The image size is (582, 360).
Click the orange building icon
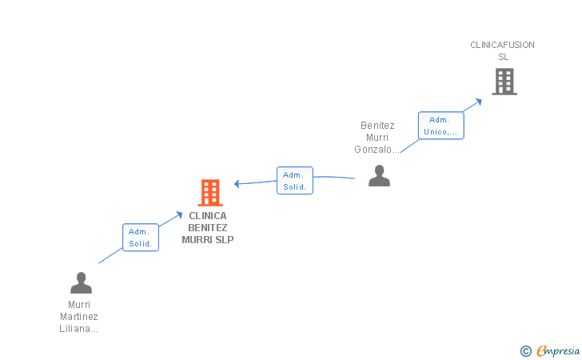pos(210,193)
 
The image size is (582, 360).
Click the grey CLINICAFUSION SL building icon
pos(504,82)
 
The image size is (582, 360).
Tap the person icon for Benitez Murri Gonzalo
pos(379,175)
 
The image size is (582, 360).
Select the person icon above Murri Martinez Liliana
pos(81,282)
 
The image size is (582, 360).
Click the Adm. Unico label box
pos(441,126)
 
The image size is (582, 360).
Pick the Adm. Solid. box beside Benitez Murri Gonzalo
pos(295,181)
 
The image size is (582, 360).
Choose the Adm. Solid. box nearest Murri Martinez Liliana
pos(141,238)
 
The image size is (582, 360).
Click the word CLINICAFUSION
pos(502,45)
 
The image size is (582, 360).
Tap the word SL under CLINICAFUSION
pos(504,57)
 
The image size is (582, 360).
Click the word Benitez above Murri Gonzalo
pos(377,126)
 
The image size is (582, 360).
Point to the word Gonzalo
pos(373,150)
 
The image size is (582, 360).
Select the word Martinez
pos(79,317)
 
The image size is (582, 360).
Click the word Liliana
pos(74,329)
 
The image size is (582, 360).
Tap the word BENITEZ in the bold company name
pos(208,228)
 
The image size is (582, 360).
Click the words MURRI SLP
pos(208,240)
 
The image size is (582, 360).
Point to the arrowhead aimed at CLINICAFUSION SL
pos(479,102)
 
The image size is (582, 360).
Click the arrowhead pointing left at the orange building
pos(237,183)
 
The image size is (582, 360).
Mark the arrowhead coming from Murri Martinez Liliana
pos(179,214)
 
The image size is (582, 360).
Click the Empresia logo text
pos(558,350)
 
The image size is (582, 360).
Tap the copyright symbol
pos(526,351)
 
